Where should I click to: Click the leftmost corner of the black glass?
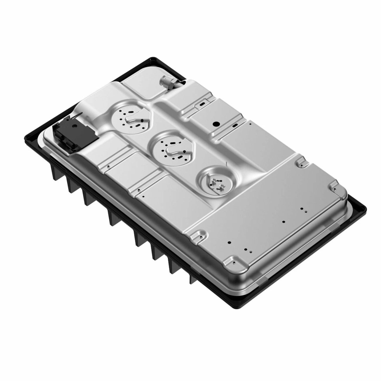click(25, 138)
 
